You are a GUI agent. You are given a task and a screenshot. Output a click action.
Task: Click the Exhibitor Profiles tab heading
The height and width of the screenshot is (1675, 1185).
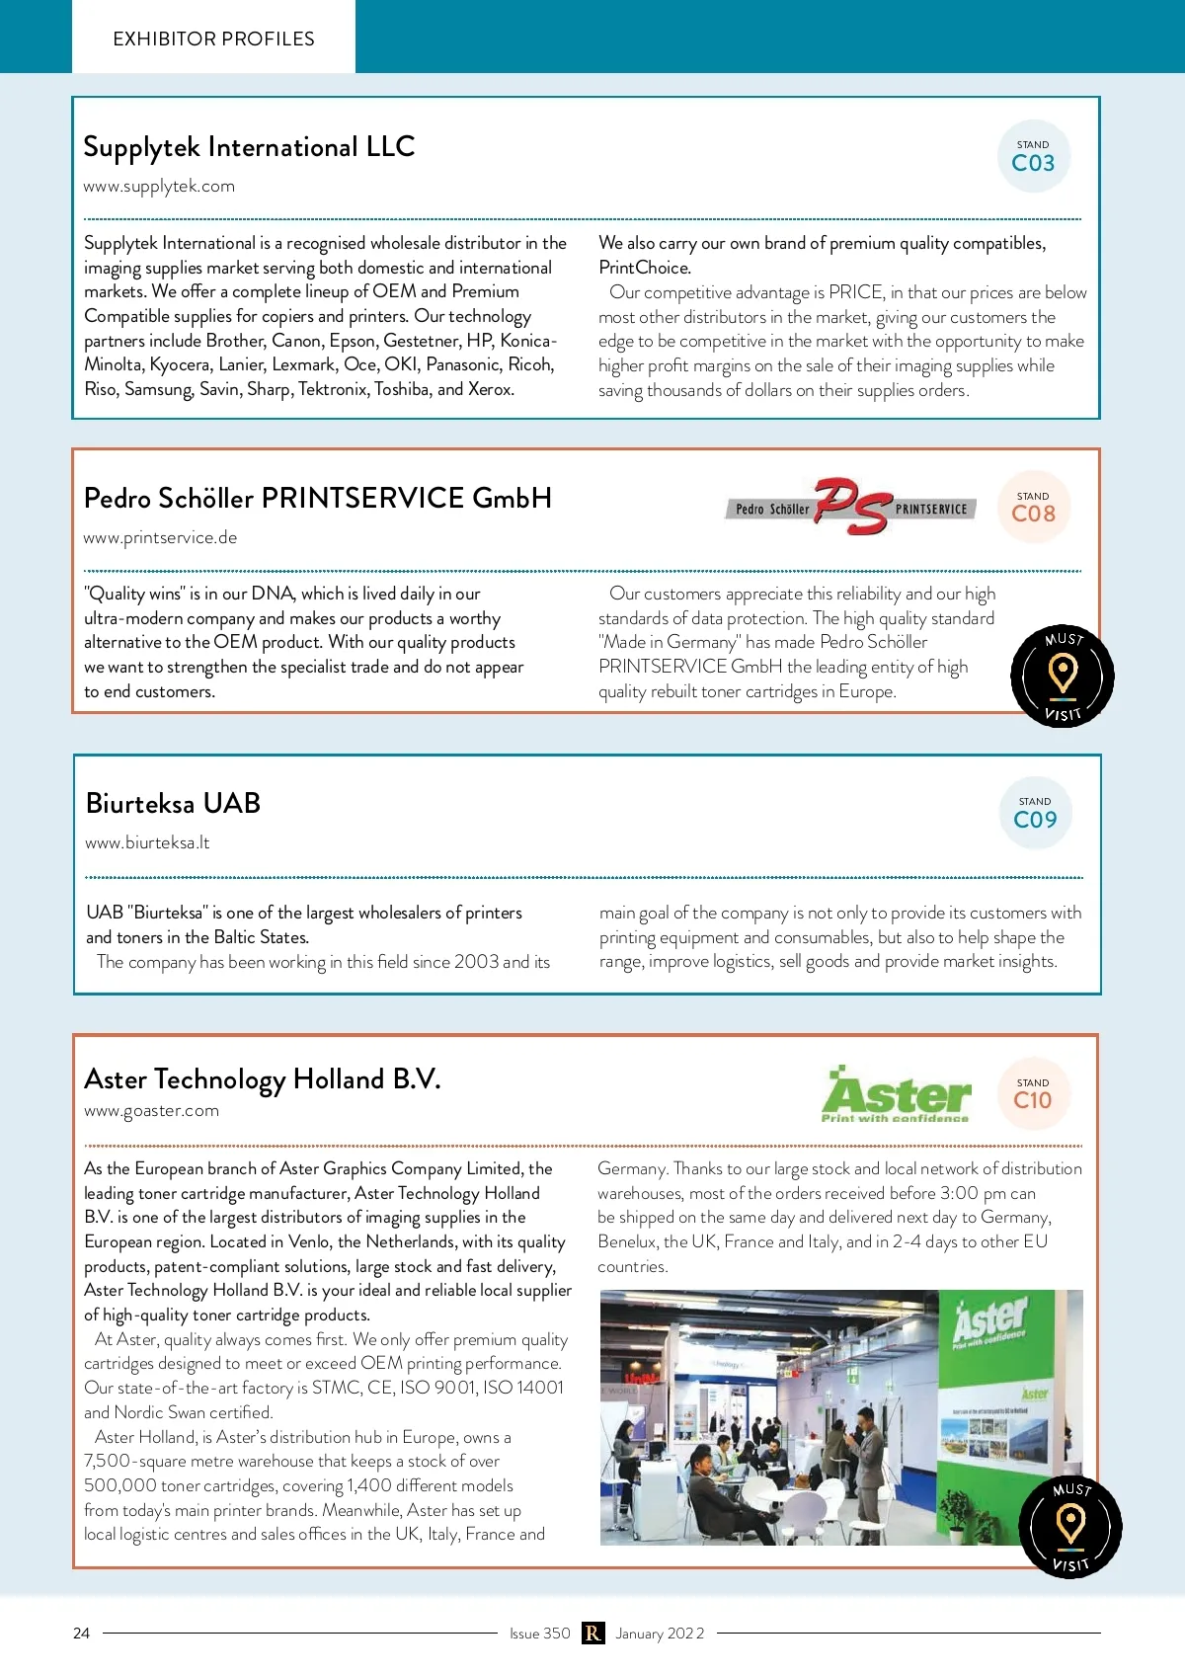[213, 39]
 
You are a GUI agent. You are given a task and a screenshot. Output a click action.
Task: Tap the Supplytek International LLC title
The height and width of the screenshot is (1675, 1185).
[249, 147]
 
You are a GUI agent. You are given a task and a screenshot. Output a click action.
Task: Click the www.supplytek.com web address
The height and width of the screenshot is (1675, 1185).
[159, 186]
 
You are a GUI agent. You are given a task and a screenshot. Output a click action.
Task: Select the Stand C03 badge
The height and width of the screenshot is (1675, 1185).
[1033, 157]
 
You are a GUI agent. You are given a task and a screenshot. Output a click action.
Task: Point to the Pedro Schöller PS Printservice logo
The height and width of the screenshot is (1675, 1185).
[850, 507]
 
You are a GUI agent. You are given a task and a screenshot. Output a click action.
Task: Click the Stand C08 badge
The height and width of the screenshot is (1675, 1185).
[1033, 508]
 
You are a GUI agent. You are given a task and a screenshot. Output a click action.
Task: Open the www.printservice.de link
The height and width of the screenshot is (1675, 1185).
[160, 537]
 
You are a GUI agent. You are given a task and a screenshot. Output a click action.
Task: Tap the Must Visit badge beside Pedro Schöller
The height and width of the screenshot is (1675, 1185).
[1063, 677]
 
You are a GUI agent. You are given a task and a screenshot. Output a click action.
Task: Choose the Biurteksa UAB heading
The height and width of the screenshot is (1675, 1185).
[173, 803]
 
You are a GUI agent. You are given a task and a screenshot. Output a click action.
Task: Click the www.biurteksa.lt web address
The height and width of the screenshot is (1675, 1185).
[147, 842]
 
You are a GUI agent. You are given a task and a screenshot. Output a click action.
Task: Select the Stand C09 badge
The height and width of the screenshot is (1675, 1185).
[1035, 814]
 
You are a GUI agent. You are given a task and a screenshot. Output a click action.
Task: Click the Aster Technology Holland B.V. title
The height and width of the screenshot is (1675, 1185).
[262, 1078]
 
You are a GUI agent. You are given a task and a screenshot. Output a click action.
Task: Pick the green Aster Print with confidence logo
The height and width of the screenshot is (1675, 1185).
[896, 1095]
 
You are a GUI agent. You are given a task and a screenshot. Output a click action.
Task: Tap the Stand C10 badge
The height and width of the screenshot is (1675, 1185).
[1033, 1094]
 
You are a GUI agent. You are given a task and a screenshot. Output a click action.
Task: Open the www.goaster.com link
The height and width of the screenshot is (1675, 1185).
[151, 1110]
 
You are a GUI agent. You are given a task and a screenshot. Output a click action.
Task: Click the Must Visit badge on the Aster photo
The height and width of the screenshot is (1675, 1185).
[1070, 1527]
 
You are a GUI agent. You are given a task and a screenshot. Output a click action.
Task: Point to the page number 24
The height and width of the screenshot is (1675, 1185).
[81, 1633]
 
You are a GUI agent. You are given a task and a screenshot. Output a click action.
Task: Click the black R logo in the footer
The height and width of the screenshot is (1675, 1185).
[592, 1633]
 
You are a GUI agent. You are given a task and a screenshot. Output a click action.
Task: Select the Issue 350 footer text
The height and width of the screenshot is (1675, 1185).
[539, 1633]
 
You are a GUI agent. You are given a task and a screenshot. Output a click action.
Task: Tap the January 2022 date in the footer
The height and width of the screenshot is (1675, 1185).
[660, 1633]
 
